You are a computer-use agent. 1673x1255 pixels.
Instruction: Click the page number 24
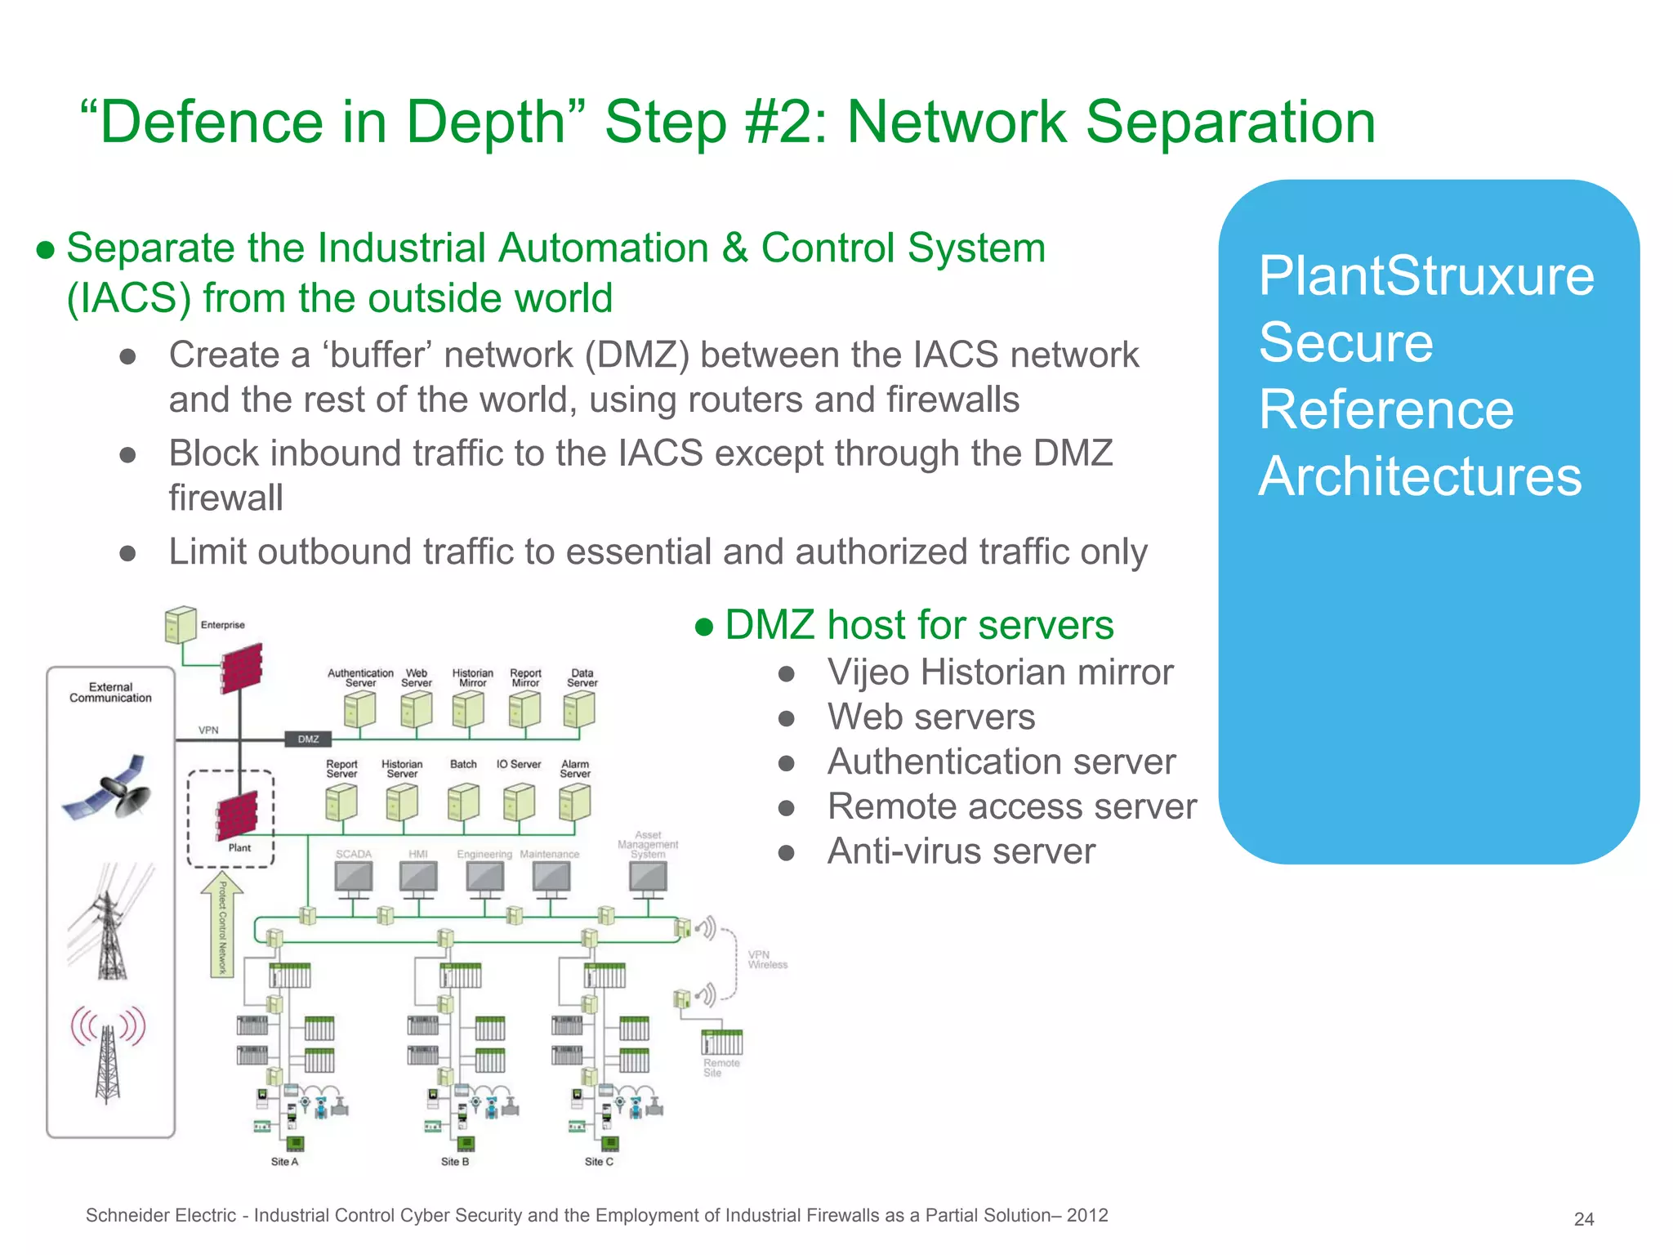point(1583,1219)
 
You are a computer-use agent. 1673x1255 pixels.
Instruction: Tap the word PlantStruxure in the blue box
point(1425,276)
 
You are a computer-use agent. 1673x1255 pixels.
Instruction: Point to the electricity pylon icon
point(109,923)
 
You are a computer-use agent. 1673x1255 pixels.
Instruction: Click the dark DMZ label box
point(308,739)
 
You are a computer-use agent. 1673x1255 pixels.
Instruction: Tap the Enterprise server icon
point(181,625)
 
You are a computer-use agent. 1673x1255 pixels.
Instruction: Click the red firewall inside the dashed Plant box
point(238,815)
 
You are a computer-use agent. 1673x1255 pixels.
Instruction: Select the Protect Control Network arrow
point(222,923)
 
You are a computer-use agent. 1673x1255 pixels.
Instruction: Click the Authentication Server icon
point(360,708)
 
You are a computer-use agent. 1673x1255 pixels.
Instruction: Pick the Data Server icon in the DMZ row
point(579,708)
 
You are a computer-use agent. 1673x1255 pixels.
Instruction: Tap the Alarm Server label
point(575,769)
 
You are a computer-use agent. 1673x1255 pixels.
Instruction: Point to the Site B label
point(455,1161)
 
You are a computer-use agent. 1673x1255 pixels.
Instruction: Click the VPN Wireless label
point(767,959)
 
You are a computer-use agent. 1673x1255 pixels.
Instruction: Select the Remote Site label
point(721,1068)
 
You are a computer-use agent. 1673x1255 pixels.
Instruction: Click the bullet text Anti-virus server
point(961,851)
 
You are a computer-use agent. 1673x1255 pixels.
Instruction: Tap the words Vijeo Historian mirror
point(1000,672)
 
